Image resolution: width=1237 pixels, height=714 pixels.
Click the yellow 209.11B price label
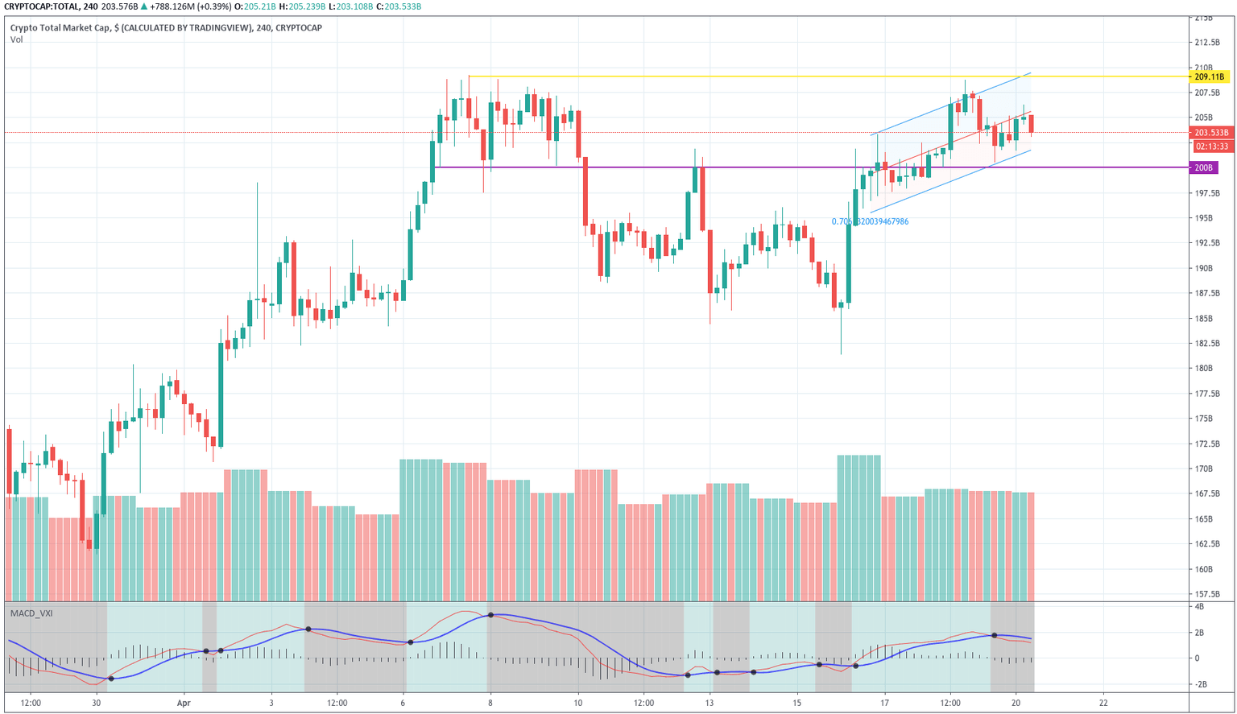tap(1209, 77)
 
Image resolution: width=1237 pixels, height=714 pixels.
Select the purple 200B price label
tap(1204, 167)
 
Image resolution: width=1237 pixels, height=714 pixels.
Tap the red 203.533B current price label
tap(1210, 133)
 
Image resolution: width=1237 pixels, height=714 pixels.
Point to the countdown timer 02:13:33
tap(1211, 147)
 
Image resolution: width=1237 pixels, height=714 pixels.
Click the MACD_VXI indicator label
tap(31, 613)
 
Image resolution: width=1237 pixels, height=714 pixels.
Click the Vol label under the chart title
tap(16, 39)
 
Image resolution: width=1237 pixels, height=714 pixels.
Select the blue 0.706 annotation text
tap(870, 221)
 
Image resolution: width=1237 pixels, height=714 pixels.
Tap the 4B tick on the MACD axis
tap(1199, 607)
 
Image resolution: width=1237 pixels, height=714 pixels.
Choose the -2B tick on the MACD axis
tap(1201, 684)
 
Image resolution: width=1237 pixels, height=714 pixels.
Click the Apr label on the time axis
tap(183, 703)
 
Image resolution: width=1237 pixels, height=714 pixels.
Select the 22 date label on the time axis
tap(1103, 703)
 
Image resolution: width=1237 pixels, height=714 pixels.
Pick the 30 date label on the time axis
tap(96, 703)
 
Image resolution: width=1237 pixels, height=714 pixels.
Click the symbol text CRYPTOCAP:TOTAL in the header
tap(42, 6)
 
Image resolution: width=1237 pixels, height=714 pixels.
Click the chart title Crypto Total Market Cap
tap(61, 28)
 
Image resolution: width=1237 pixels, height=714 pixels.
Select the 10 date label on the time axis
tap(577, 703)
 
